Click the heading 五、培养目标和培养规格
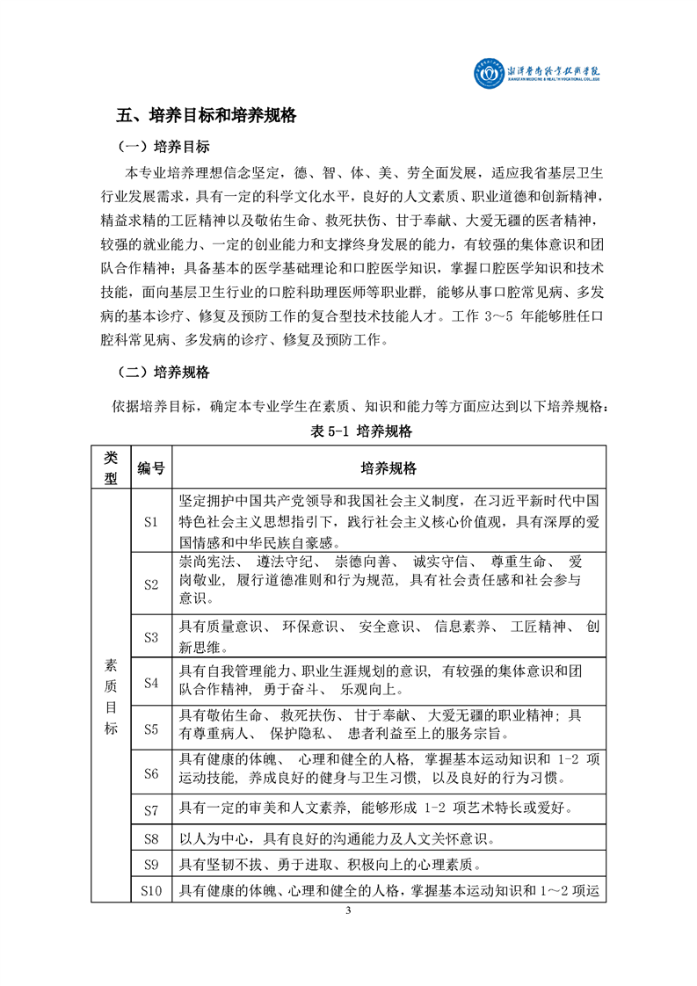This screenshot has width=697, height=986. click(207, 116)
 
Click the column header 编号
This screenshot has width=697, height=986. click(150, 468)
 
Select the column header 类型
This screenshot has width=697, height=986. click(111, 468)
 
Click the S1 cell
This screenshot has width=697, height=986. click(150, 521)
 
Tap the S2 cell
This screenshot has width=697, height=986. click(150, 584)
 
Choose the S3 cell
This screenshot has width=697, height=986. click(150, 636)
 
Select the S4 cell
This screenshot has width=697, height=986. click(150, 682)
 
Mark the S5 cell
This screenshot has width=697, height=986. click(150, 728)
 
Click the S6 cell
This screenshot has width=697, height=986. click(150, 773)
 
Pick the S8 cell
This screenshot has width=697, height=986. click(150, 837)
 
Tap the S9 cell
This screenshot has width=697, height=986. click(150, 865)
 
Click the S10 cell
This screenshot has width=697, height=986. click(150, 891)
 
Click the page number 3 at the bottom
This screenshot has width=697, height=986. click(348, 934)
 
